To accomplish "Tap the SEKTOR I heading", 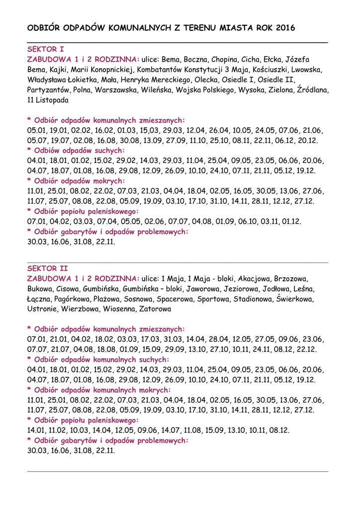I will [x=45, y=49].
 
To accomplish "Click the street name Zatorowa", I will [x=155, y=309].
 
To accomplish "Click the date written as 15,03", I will [x=149, y=130].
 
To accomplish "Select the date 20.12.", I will [x=308, y=140].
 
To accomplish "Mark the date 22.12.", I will [x=306, y=349].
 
